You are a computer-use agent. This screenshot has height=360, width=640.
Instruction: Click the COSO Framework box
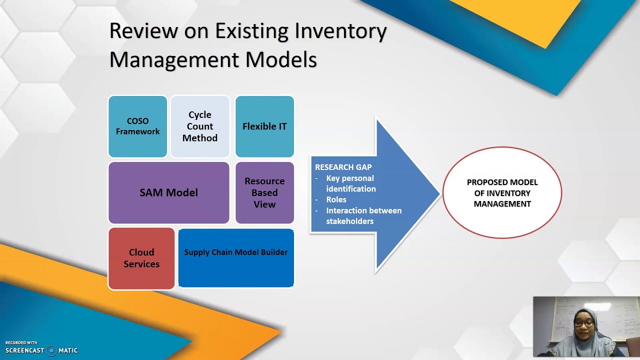tap(137, 126)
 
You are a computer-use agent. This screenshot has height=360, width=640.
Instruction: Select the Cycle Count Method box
tap(199, 126)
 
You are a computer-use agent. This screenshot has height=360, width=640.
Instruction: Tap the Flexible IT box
tap(264, 126)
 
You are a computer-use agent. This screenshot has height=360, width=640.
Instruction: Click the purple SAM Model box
tap(168, 192)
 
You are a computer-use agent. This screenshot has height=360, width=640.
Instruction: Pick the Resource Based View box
tap(264, 192)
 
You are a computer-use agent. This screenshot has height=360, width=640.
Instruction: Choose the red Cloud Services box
tap(141, 258)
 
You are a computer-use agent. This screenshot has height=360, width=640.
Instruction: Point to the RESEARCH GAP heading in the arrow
tap(343, 167)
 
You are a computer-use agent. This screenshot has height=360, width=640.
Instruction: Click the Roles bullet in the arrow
tap(336, 199)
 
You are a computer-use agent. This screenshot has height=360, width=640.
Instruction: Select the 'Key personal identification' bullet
tap(350, 183)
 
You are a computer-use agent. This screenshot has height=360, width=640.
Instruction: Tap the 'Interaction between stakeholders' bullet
tap(363, 215)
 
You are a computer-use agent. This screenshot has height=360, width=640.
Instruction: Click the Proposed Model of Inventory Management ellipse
tap(502, 193)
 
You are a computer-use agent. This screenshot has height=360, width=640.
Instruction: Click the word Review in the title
tap(143, 31)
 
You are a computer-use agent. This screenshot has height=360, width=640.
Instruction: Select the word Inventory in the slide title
tap(340, 31)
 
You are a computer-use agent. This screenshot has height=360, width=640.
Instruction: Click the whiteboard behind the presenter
tap(620, 315)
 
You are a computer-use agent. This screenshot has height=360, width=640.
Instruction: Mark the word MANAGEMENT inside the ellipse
tap(502, 204)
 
